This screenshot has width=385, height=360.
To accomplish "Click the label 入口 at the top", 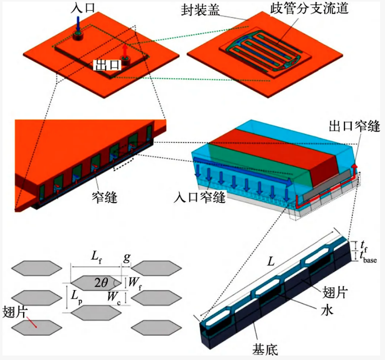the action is tap(83, 8).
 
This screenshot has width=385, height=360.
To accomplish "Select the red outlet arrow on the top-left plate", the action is tap(125, 50).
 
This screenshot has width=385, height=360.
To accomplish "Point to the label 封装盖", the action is tap(200, 10).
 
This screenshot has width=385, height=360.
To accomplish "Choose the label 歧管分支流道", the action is tap(310, 9).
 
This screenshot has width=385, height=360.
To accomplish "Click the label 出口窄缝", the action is tap(354, 126).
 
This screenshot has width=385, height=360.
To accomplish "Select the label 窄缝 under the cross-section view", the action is tap(105, 197).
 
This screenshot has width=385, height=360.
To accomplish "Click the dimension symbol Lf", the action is tap(96, 257).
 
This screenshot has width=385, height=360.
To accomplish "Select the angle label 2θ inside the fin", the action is tap(101, 283).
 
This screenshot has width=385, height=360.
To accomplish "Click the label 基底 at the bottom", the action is tap(265, 349).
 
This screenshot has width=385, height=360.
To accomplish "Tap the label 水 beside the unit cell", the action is tap(327, 310).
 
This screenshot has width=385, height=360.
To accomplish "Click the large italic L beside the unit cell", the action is tap(271, 262).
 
